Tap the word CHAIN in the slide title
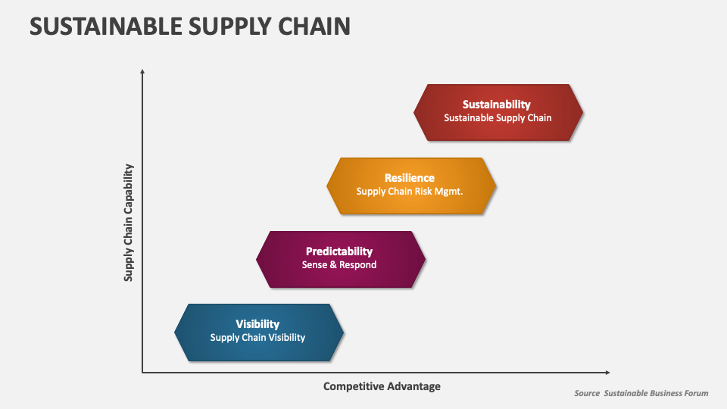311,27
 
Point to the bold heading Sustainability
496,105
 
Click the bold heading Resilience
409,178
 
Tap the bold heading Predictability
339,251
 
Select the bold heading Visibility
257,324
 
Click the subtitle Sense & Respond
339,265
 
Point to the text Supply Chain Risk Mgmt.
409,192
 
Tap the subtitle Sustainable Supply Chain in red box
498,118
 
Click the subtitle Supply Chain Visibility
257,338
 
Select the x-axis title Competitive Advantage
382,386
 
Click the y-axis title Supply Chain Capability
129,223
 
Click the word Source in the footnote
586,393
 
